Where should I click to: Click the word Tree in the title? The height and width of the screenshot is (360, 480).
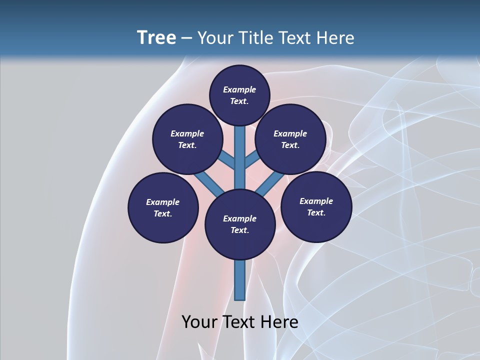(x=156, y=38)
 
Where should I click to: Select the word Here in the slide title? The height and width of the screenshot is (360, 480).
(x=334, y=38)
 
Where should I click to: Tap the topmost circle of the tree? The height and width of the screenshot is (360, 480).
(x=239, y=95)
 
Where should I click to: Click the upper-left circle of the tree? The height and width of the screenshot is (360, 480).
(x=187, y=139)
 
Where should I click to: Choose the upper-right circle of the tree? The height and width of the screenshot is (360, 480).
(x=290, y=139)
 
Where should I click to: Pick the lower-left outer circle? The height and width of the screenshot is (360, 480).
(x=163, y=207)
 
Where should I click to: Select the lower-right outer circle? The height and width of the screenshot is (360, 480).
(x=316, y=206)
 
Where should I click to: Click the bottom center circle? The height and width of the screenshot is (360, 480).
(x=240, y=224)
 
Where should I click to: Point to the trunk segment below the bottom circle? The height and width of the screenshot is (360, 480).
(x=240, y=280)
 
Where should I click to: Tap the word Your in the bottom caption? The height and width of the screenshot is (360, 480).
(x=200, y=321)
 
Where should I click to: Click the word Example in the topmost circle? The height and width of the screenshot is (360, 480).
(x=239, y=90)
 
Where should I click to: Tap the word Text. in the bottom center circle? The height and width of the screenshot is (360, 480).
(x=239, y=230)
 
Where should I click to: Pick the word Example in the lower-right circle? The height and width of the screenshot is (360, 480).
(x=316, y=201)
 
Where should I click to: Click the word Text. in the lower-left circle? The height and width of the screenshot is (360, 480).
(x=162, y=214)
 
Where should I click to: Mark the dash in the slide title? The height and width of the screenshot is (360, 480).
(x=186, y=38)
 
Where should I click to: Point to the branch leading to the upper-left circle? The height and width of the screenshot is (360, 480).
(x=226, y=159)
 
